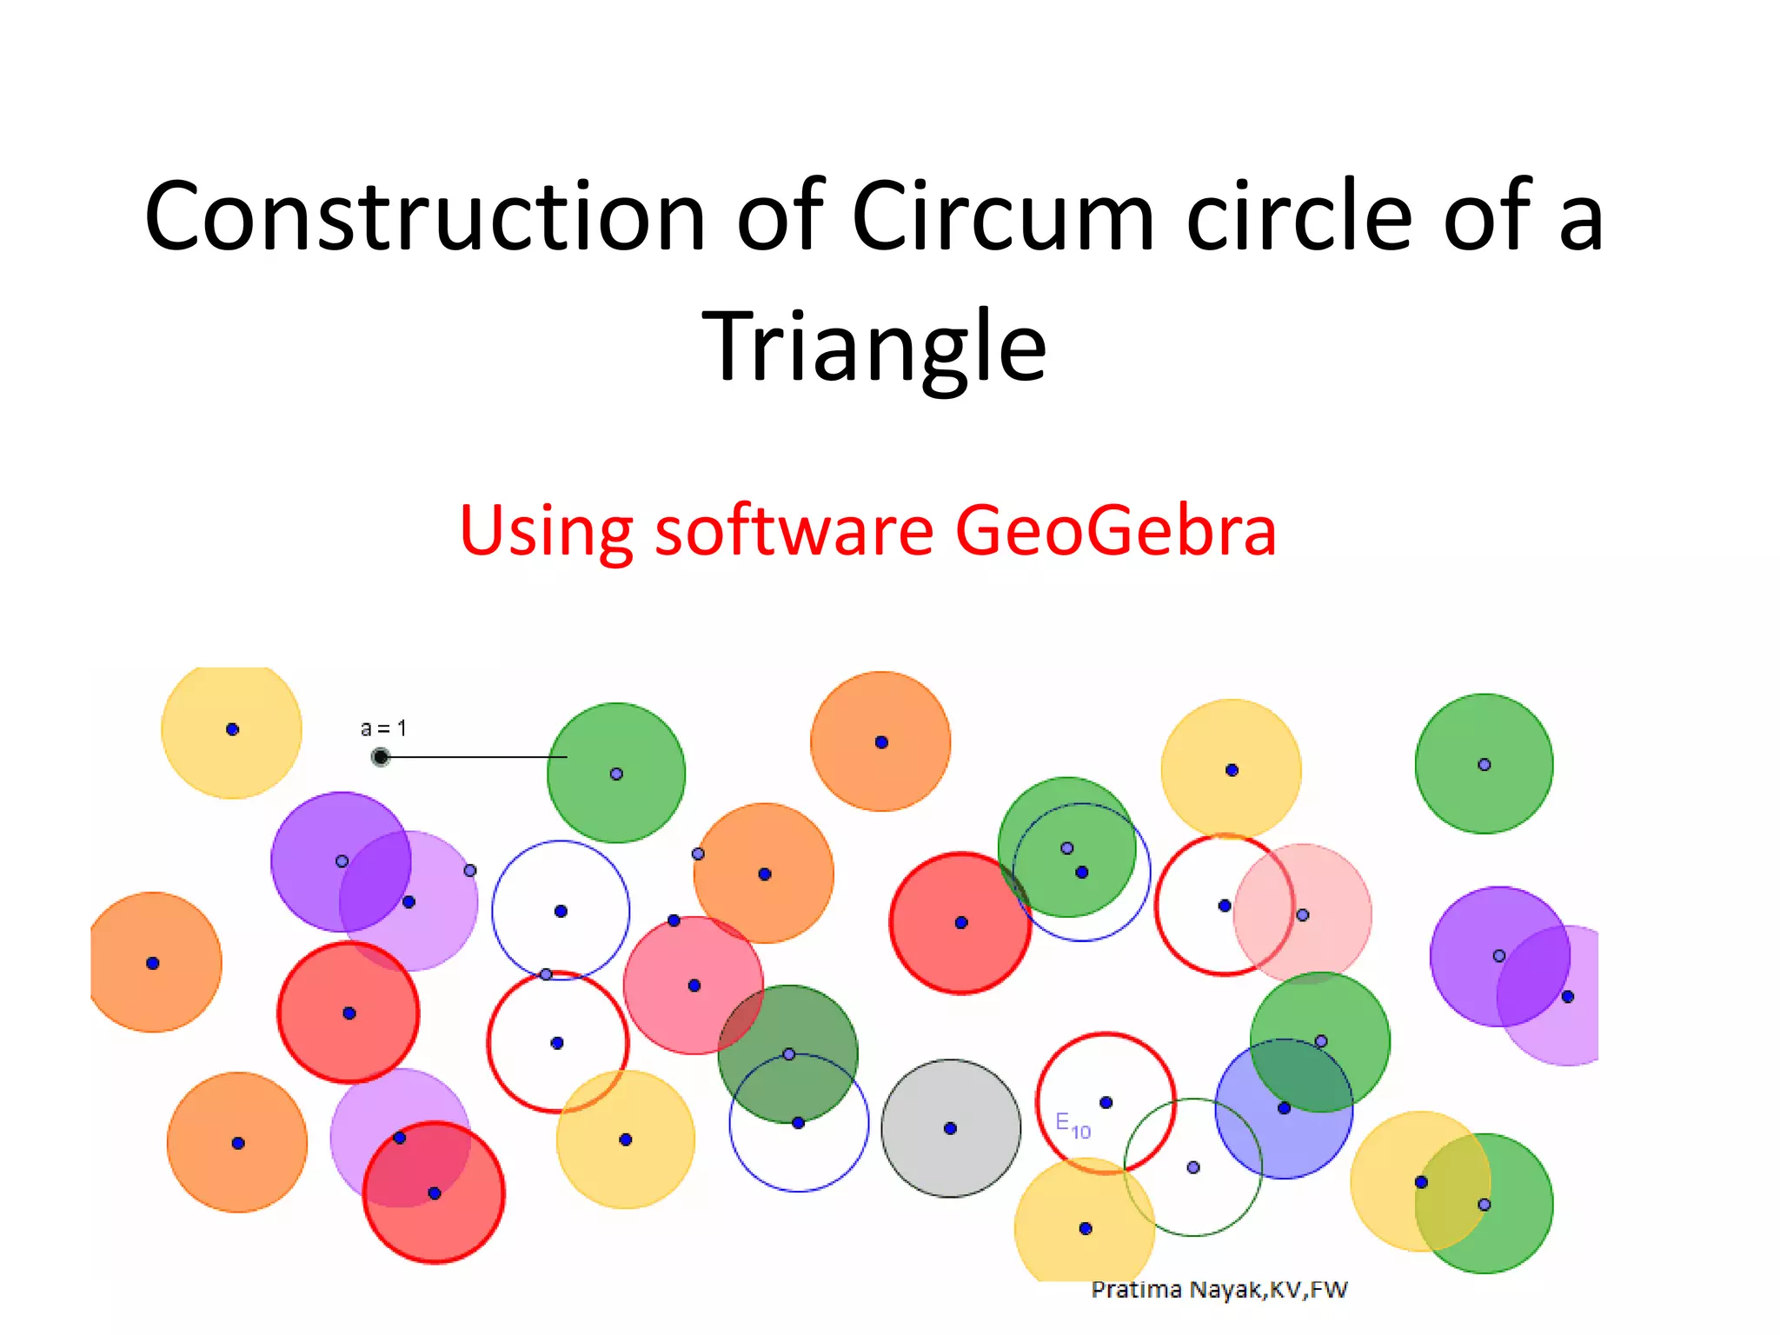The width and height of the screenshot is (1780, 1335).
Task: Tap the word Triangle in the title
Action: click(874, 346)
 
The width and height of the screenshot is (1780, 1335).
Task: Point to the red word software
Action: click(794, 529)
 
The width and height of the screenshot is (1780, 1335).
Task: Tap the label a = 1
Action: click(383, 728)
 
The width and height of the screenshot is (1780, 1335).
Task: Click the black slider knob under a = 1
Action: click(380, 757)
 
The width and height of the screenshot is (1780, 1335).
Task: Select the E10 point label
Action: click(1073, 1125)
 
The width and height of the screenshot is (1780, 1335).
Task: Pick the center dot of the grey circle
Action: click(951, 1128)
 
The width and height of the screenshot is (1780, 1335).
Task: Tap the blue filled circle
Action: click(1260, 1139)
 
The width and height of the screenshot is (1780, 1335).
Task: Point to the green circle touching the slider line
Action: click(616, 808)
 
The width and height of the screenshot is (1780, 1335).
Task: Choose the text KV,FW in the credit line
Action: click(1308, 1290)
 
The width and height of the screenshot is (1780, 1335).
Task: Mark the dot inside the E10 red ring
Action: click(1106, 1102)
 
